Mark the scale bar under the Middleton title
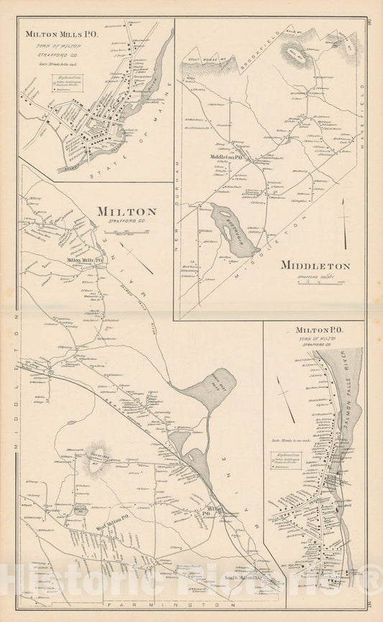coord(315,282)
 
